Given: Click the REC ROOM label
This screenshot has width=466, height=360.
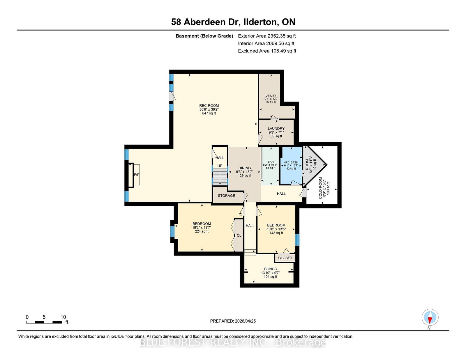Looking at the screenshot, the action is point(209,105).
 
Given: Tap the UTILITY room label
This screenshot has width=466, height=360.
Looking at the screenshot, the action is point(271,95).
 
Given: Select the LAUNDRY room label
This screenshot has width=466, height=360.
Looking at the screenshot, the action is point(276,129).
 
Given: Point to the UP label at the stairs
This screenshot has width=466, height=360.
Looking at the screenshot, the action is point(220,166).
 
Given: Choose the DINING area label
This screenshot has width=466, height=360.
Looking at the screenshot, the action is point(245,168).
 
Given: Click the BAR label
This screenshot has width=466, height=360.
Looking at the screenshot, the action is point(271,162).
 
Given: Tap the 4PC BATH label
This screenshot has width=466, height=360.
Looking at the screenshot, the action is point(291,162).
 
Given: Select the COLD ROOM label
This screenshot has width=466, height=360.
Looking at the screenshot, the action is point(320,188).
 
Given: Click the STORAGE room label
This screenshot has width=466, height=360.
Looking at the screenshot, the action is point(227,196).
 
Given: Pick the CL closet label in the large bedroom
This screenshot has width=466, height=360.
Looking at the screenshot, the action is point(239,235).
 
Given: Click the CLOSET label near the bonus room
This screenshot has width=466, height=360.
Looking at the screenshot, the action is point(285,258).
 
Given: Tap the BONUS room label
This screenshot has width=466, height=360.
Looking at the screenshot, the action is point(270,269).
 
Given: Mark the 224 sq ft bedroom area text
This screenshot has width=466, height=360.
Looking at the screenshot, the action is point(202,231).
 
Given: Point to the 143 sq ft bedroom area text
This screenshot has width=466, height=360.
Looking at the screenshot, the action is point(276,233).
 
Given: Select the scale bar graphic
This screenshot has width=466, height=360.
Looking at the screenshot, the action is point(44,322).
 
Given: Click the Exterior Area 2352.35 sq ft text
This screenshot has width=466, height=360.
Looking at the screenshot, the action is point(267,36).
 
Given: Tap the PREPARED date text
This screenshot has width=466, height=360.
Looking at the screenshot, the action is point(233,321).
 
